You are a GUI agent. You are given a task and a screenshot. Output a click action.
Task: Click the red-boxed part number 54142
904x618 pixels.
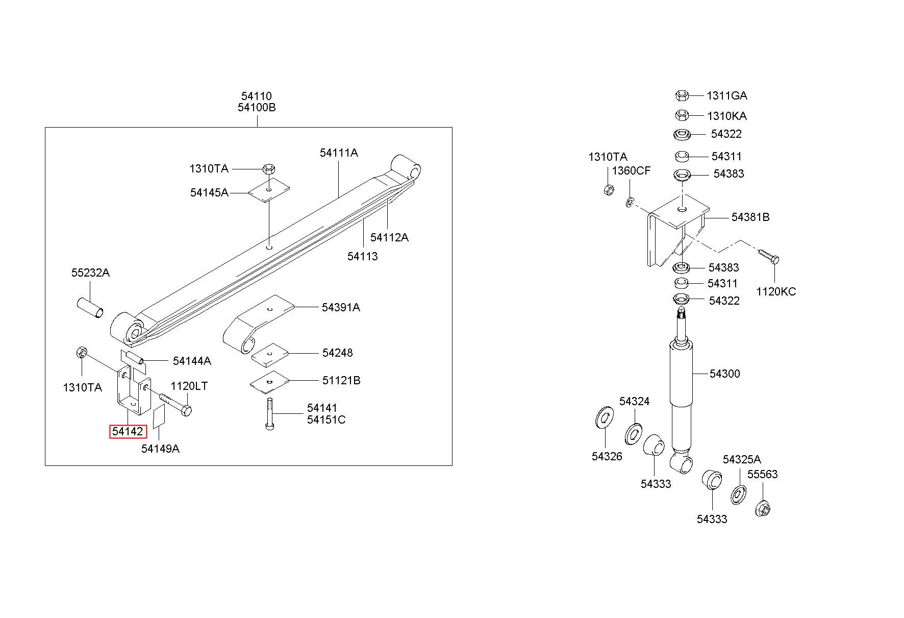[x=128, y=432]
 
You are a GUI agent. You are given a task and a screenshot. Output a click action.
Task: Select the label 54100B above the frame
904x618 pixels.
[x=257, y=108]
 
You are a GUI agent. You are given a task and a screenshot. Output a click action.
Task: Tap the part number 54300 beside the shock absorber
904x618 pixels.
[x=724, y=374]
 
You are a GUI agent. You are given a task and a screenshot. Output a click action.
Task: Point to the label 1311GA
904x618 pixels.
[x=726, y=95]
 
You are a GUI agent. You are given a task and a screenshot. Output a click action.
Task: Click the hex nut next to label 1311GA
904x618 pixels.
[x=682, y=95]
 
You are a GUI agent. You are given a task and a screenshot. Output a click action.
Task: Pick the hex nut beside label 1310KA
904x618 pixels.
[x=682, y=115]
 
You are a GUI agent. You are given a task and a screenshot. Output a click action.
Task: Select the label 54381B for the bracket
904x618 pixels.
[x=750, y=217]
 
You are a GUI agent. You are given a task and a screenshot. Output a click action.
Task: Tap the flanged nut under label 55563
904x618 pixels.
[x=762, y=508]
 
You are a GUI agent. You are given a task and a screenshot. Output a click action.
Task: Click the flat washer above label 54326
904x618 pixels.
[x=605, y=418]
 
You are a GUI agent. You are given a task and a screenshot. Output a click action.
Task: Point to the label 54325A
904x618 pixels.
[x=742, y=459]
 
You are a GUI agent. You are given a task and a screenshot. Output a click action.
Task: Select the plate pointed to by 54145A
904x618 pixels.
[x=269, y=190]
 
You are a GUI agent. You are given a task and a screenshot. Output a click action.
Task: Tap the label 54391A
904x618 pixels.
[x=341, y=307]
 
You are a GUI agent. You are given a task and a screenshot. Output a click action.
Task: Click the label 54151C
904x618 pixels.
[x=326, y=419]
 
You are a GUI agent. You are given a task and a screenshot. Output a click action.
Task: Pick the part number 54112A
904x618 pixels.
[x=389, y=237]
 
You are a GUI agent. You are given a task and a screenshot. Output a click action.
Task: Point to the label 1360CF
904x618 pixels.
[x=632, y=170]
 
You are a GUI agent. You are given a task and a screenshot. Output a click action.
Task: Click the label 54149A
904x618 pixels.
[x=160, y=449]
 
